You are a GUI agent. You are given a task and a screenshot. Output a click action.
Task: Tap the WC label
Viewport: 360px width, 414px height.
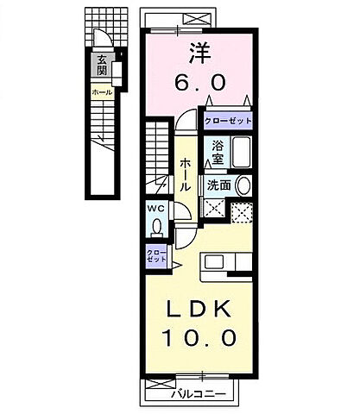155,209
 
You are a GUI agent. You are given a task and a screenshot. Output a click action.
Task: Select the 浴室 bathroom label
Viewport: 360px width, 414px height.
215,153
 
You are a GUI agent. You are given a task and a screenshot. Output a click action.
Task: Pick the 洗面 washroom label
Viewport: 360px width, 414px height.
218,185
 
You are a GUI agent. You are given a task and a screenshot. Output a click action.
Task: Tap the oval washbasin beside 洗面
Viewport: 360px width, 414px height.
243,185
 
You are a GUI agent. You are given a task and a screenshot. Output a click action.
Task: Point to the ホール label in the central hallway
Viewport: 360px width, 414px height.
185,175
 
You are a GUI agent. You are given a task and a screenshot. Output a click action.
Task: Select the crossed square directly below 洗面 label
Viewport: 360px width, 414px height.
215,208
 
